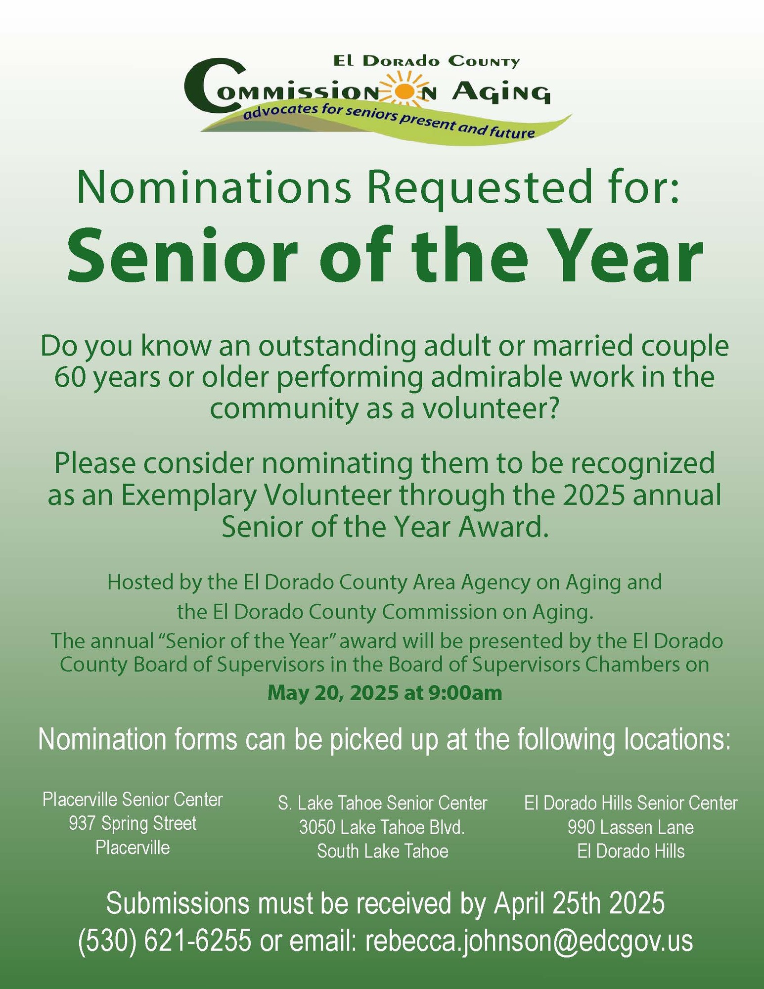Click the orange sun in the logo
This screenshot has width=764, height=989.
(405, 91)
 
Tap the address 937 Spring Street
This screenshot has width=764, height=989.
(133, 823)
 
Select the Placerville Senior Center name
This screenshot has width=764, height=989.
(133, 799)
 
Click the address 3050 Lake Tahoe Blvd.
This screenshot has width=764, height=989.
(382, 827)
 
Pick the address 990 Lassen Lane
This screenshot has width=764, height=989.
(630, 827)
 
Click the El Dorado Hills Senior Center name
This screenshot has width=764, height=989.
(630, 803)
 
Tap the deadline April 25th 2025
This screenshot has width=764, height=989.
(579, 903)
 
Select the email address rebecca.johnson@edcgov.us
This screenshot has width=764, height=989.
(529, 940)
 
